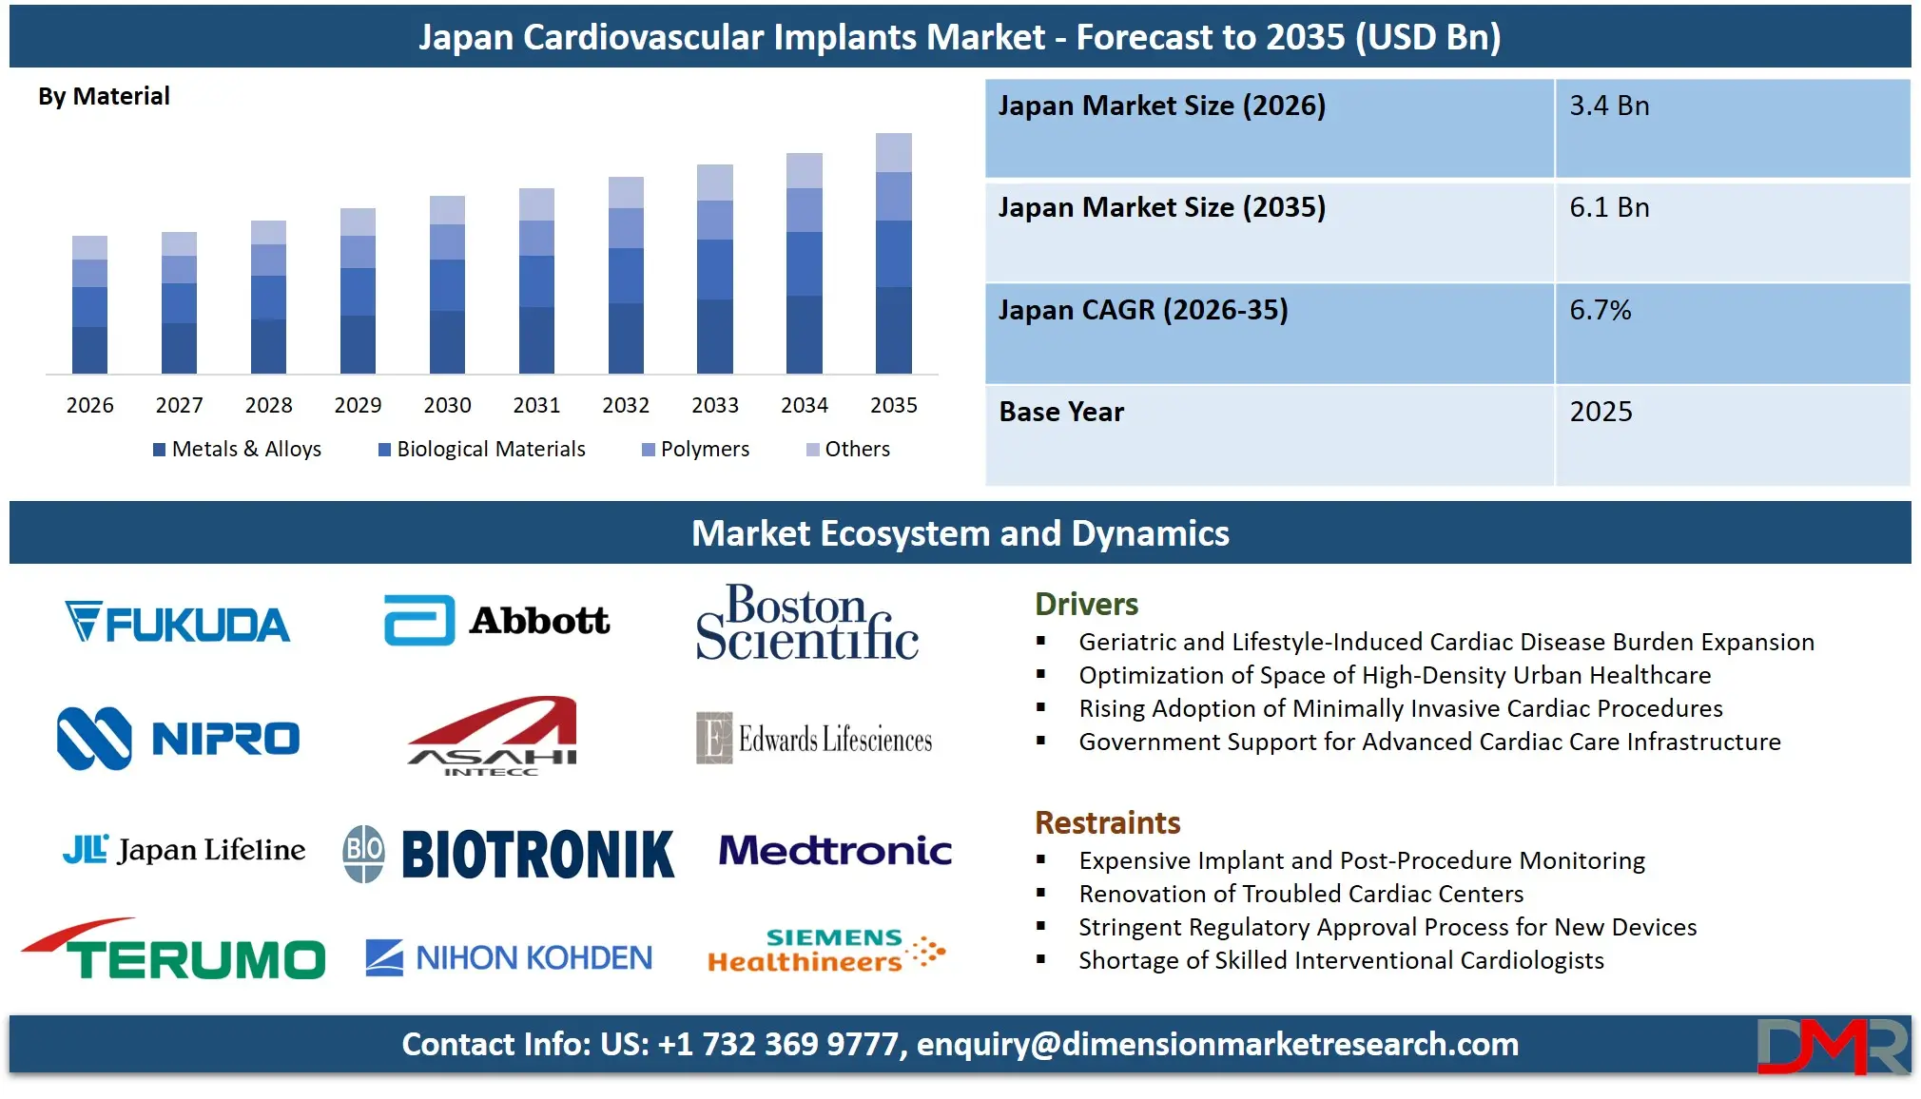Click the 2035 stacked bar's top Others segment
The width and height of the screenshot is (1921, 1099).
[893, 153]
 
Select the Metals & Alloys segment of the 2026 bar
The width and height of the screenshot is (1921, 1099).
[89, 350]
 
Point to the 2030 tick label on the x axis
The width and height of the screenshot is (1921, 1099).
[447, 406]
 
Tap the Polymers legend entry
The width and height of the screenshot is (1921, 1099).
[696, 450]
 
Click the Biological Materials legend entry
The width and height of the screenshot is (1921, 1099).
[482, 450]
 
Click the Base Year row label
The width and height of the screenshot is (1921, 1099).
[1061, 413]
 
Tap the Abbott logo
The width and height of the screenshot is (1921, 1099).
[496, 621]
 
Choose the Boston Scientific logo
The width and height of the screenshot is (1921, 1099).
[807, 623]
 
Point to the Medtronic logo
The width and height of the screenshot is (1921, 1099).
[835, 850]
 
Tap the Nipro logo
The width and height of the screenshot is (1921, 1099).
[178, 739]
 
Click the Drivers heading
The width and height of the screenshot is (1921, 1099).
[1086, 605]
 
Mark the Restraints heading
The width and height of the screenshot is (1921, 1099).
[1107, 823]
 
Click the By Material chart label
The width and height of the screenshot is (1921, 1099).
[104, 97]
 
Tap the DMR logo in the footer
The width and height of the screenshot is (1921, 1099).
[1832, 1046]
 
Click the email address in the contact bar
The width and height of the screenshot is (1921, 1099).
[1217, 1045]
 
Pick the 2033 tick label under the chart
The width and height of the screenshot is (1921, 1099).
[715, 406]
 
